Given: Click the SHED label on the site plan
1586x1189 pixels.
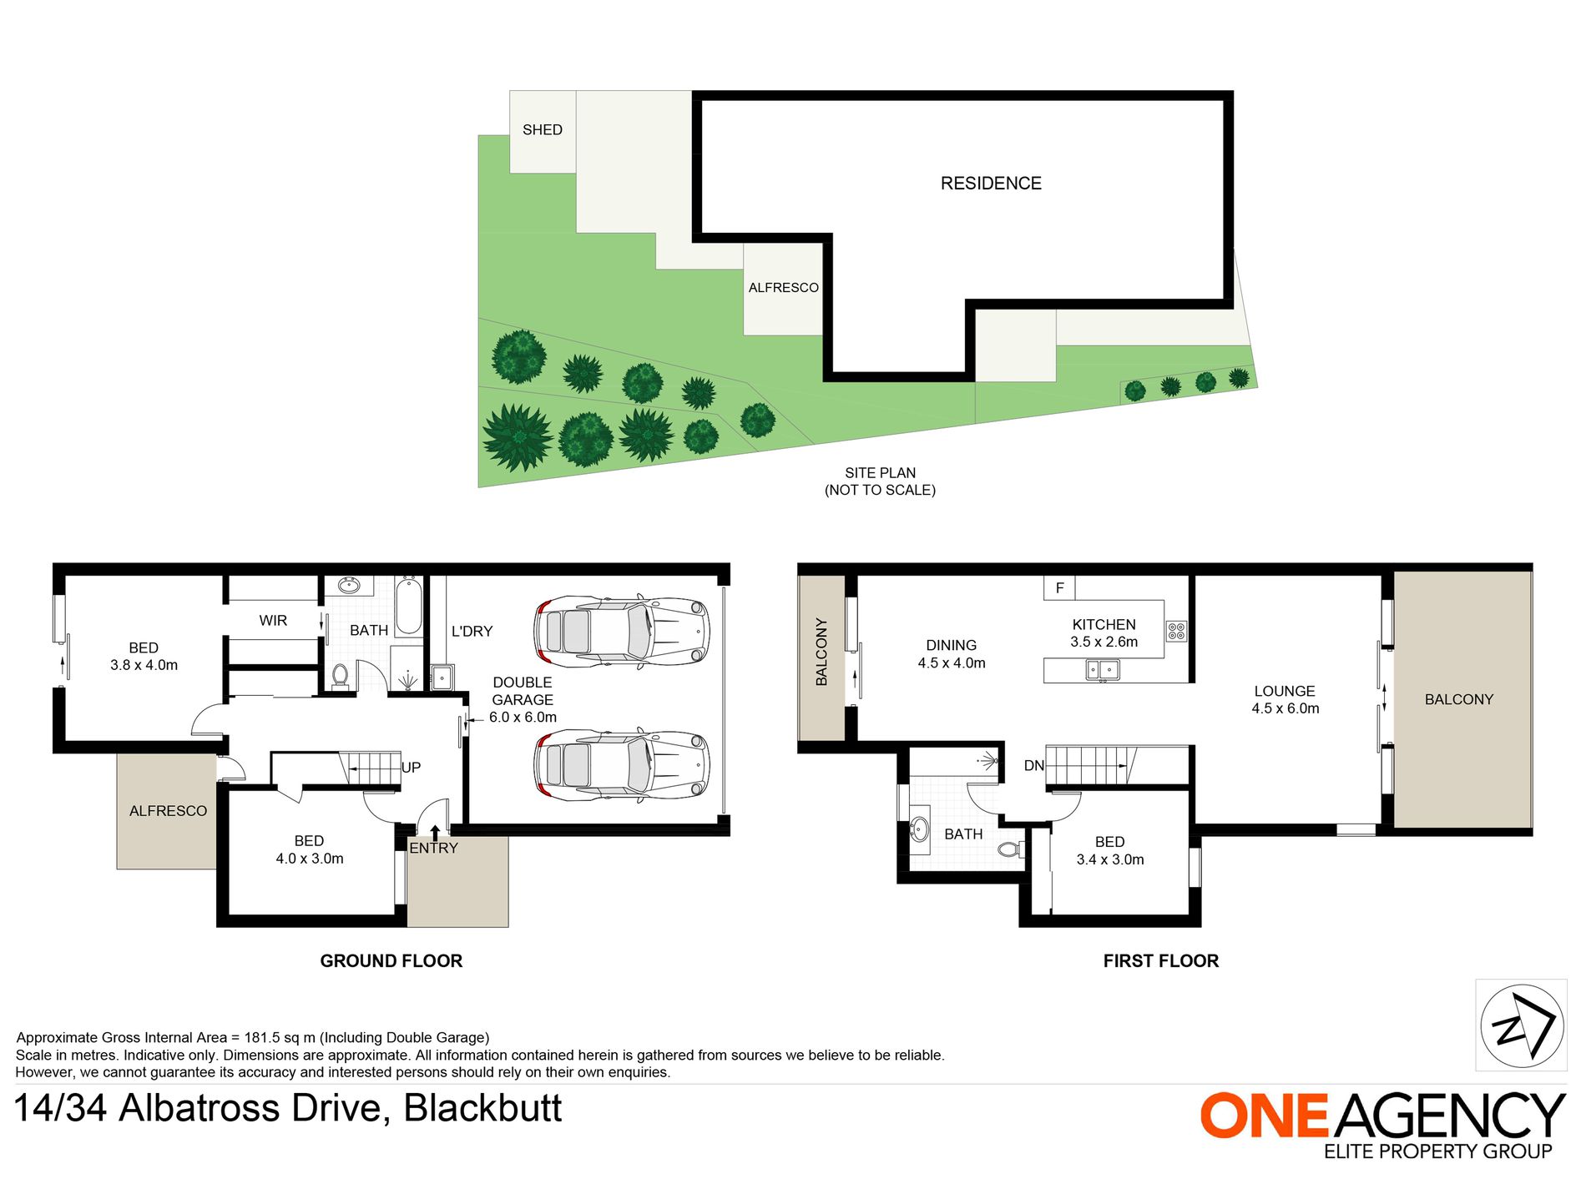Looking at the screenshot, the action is coord(543,130).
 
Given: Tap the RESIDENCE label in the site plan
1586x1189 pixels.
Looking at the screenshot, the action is coord(991,184).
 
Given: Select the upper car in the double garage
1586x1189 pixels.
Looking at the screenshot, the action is coord(622,632).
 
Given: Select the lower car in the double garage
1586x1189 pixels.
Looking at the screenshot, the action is coord(622,765).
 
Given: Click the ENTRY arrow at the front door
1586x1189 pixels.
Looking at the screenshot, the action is coord(435,832).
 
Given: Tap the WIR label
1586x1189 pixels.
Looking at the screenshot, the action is coord(273,621).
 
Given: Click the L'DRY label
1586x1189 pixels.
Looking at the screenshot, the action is coord(472,632).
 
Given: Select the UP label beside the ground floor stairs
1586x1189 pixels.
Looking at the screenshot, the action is coord(412,768).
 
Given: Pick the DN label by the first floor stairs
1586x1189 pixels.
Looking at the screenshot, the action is coord(1034,766).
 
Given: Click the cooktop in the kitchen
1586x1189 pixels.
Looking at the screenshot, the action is coord(1176,631).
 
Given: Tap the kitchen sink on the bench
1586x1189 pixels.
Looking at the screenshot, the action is coord(1103,669).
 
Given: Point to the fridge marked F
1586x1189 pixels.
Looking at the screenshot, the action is coord(1059,587).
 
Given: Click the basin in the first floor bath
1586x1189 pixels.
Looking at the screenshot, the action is coord(919,829).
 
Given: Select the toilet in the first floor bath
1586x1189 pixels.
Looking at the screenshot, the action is coord(1010,849).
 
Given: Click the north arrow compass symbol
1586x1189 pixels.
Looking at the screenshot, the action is coord(1522,1025).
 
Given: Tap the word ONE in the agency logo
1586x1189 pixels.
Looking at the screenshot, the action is coord(1265,1116).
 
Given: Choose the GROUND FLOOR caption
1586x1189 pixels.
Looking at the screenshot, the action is coord(391,961).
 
